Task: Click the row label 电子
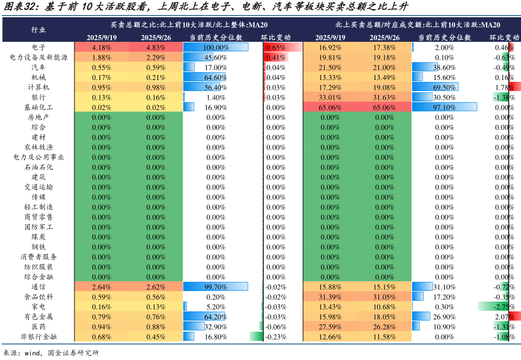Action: tap(38, 47)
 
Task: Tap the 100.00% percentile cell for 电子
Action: tap(215, 47)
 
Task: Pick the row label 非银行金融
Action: tap(38, 337)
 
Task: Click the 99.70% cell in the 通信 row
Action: tap(215, 287)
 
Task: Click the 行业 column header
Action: tap(38, 30)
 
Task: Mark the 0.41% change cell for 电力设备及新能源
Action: tap(276, 57)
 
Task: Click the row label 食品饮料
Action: tap(38, 297)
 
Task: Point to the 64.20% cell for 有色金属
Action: tap(215, 317)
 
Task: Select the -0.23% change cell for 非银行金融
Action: tap(276, 337)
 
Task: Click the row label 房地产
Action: tap(38, 117)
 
